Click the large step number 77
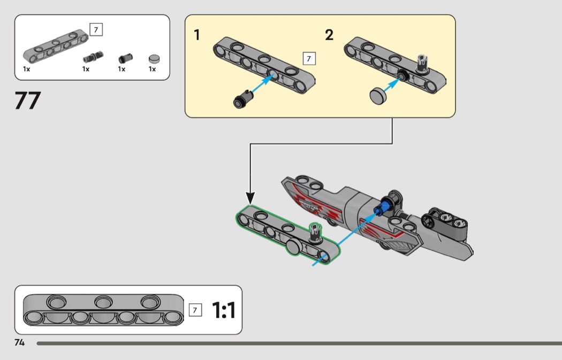pyautogui.click(x=28, y=101)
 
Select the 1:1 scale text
pyautogui.click(x=224, y=310)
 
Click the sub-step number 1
pyautogui.click(x=197, y=35)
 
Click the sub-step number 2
pyautogui.click(x=329, y=35)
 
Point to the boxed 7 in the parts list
pyautogui.click(x=96, y=29)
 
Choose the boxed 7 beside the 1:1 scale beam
pyautogui.click(x=196, y=310)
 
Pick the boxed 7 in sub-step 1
pyautogui.click(x=309, y=58)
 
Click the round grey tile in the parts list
pyautogui.click(x=154, y=58)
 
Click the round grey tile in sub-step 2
pyautogui.click(x=379, y=96)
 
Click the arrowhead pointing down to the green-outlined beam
pyautogui.click(x=250, y=197)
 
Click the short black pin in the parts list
pyautogui.click(x=125, y=58)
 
